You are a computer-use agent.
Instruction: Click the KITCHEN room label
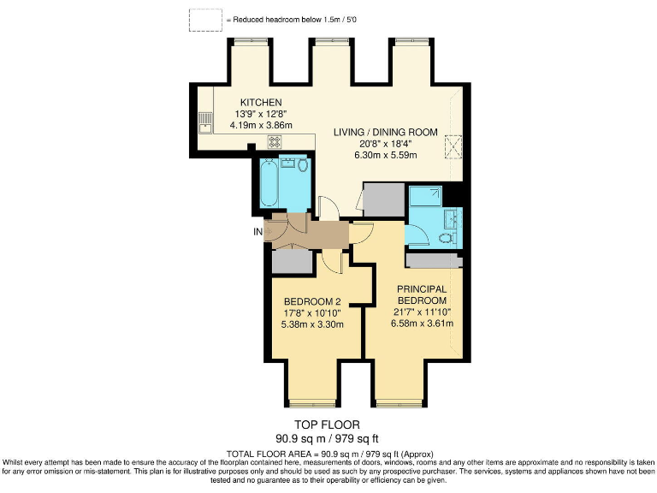pyautogui.click(x=261, y=103)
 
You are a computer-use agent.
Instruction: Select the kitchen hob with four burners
pyautogui.click(x=275, y=142)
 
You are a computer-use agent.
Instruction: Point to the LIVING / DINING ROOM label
pyautogui.click(x=385, y=133)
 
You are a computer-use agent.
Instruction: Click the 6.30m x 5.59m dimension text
pyautogui.click(x=385, y=155)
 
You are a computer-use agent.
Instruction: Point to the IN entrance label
pyautogui.click(x=257, y=231)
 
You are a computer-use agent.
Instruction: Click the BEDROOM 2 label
pyautogui.click(x=313, y=301)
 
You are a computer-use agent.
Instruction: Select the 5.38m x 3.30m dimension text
pyautogui.click(x=313, y=324)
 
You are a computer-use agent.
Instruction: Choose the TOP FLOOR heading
pyautogui.click(x=328, y=425)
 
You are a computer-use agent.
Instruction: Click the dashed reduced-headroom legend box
pyautogui.click(x=205, y=20)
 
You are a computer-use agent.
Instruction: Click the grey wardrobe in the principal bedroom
pyautogui.click(x=435, y=260)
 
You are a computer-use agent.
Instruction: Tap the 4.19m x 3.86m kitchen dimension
pyautogui.click(x=261, y=125)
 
